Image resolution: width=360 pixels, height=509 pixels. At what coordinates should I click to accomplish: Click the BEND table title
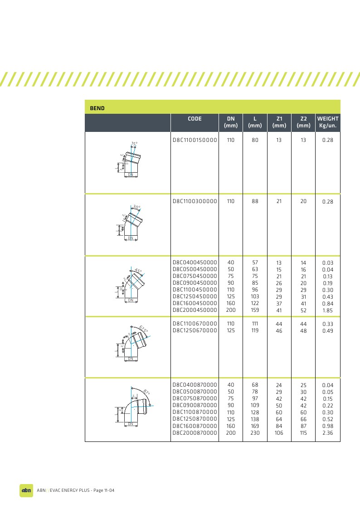97,108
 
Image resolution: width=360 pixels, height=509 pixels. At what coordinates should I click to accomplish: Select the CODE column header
195,119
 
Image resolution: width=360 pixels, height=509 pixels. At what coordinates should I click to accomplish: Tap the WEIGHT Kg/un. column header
327,122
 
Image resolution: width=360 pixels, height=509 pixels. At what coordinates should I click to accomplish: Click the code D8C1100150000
195,141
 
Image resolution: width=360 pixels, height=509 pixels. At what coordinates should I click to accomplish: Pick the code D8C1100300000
195,201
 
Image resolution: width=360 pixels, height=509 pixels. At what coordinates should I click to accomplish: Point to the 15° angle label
134,144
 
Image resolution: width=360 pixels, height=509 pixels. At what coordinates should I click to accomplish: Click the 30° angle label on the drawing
137,207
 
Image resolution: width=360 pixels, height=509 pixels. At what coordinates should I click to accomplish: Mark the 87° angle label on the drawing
146,392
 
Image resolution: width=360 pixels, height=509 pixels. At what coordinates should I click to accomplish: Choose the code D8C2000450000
195,310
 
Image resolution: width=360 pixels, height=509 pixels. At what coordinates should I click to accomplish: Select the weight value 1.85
327,310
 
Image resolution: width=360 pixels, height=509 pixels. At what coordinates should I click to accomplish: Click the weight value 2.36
327,433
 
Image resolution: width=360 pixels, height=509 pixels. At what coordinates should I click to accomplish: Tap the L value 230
255,433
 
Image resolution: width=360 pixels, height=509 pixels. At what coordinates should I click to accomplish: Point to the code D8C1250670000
195,330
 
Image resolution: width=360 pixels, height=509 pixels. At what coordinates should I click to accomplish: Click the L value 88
255,201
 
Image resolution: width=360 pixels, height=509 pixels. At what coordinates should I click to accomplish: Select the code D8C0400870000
195,385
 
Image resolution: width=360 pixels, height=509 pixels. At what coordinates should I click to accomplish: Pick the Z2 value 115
303,433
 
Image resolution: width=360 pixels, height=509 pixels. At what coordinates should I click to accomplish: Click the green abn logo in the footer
26,490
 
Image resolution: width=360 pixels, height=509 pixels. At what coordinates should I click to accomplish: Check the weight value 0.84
327,304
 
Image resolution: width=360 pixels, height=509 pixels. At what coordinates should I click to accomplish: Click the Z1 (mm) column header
279,122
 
